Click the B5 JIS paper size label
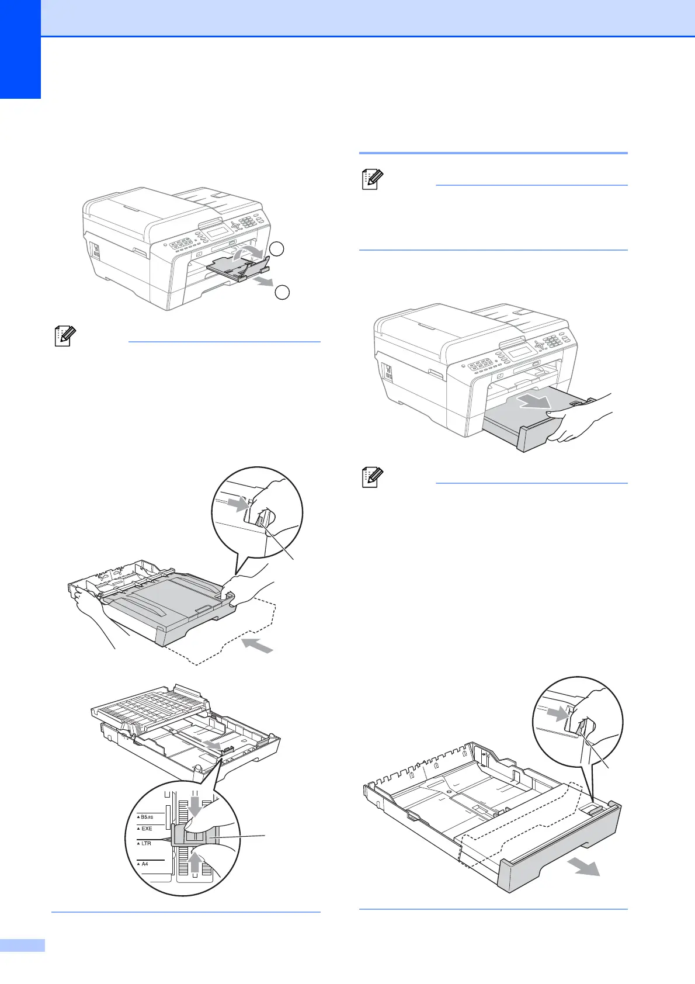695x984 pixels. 147,817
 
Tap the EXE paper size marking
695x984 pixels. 147,829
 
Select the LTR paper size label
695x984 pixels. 146,843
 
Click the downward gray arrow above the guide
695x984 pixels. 194,807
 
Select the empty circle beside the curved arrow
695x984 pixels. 277,249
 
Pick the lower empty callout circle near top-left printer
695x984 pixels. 282,292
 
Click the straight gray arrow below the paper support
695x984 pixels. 265,282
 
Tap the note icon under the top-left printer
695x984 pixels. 64,337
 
